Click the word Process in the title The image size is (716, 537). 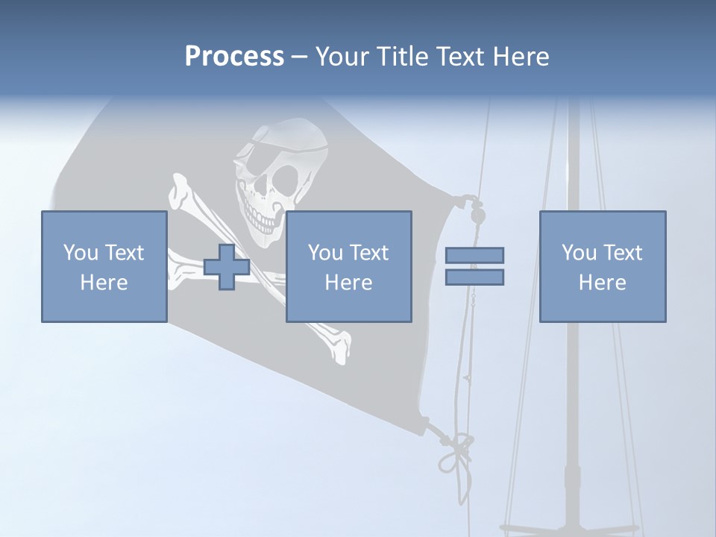pos(234,57)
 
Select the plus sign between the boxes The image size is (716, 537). pos(227,267)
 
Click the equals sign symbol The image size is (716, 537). pos(474,266)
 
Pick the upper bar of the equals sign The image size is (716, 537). pos(474,256)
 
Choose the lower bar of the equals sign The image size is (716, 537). pos(474,277)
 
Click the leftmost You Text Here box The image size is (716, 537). pos(104,266)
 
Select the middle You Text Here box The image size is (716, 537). pos(348,266)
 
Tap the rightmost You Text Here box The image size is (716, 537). pos(602,266)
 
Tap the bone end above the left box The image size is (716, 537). pos(180,192)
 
